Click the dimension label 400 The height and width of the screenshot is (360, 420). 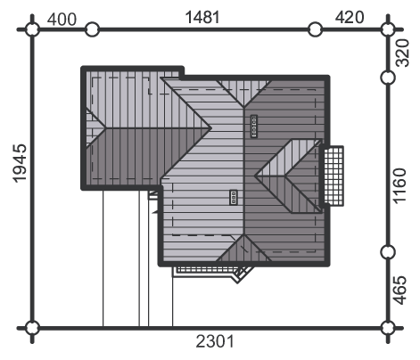pos(62,20)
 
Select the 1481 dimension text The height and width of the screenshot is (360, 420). pos(202,17)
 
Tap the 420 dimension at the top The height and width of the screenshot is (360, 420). pos(350,17)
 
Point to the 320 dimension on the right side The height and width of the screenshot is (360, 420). pos(403,53)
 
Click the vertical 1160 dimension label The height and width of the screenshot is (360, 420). pos(399,186)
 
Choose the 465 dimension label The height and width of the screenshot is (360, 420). pos(399,290)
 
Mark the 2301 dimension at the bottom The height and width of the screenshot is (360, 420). pos(215,341)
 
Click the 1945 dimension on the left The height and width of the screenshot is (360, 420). pos(20,163)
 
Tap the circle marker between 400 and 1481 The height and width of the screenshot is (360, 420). pos(92,29)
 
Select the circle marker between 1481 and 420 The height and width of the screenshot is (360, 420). pos(315,29)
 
